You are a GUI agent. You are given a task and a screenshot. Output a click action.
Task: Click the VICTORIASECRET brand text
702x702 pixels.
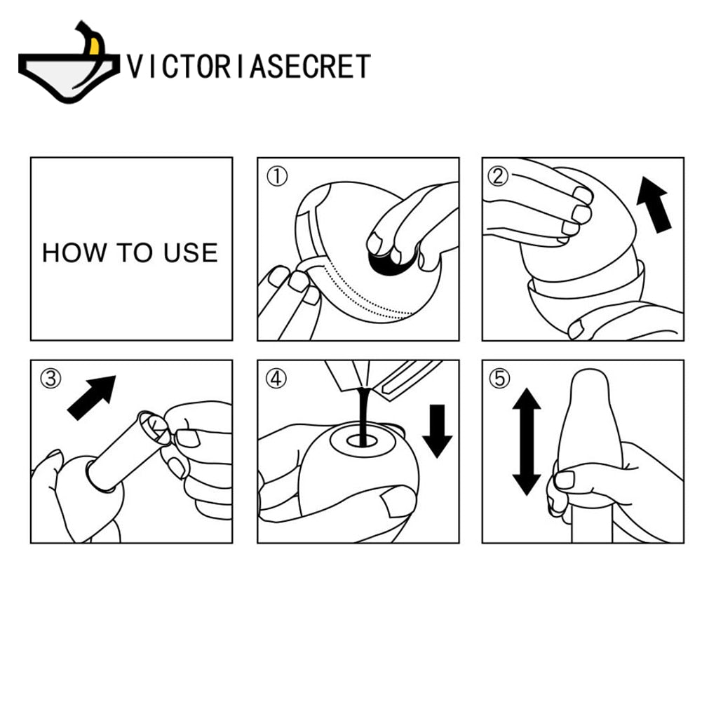[x=248, y=66]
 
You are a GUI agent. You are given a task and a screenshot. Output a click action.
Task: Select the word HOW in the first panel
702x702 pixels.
[x=74, y=252]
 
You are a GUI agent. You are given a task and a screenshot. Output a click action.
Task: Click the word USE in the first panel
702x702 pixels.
[x=191, y=252]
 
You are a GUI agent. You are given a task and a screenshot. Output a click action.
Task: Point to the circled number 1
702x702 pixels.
[x=277, y=177]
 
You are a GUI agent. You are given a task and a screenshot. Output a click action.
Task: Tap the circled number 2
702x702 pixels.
[x=498, y=176]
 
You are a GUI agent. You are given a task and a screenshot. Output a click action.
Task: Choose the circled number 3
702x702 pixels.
[x=50, y=379]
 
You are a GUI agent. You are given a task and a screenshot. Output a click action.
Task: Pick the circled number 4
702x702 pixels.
[x=276, y=379]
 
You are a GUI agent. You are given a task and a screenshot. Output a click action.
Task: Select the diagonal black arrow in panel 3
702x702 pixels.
[x=92, y=398]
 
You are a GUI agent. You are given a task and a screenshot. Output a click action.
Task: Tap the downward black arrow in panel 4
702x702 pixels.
[x=438, y=431]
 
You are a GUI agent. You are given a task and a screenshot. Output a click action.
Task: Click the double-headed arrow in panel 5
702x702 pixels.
[x=527, y=441]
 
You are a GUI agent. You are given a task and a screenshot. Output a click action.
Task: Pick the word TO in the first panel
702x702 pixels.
[x=135, y=252]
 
